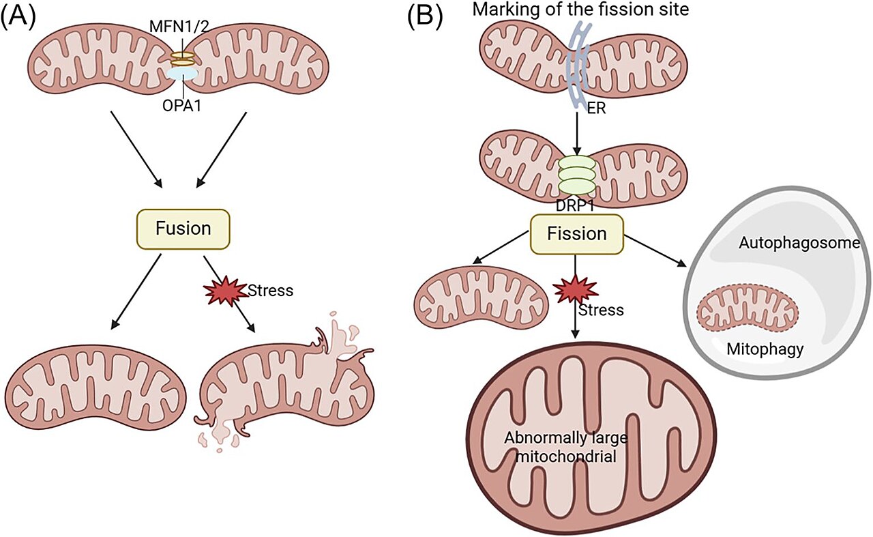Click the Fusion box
[x=183, y=229]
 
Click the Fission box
[x=577, y=234]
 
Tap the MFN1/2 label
[x=179, y=27]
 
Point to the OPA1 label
[x=181, y=105]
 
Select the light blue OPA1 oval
[x=182, y=74]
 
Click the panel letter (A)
[x=18, y=17]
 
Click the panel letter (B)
[x=425, y=17]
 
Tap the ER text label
[x=596, y=108]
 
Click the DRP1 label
[x=575, y=206]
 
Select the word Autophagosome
[x=799, y=243]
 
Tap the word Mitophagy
[x=765, y=349]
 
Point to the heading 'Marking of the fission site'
[x=580, y=9]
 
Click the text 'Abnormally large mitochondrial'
[x=566, y=447]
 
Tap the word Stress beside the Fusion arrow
[x=271, y=291]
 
